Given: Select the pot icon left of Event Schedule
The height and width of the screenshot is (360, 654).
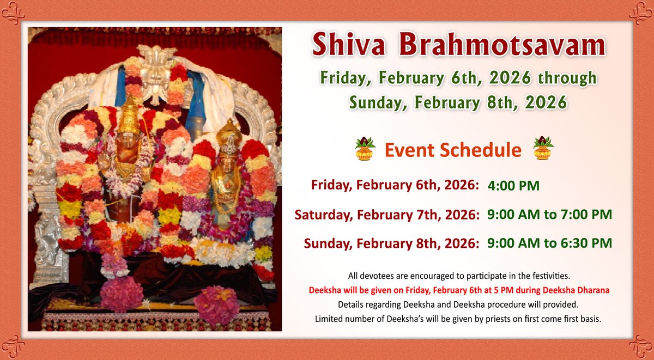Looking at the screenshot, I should (364, 149).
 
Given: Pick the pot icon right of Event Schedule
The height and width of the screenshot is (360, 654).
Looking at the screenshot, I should (543, 149).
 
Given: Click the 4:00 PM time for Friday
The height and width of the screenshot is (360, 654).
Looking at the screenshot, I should (514, 186).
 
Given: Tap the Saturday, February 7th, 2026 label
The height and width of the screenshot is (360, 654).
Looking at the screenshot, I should (387, 215).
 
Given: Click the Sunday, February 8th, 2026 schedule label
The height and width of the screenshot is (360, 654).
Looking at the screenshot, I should (391, 243).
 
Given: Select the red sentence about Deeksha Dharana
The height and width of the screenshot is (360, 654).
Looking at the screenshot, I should (458, 290).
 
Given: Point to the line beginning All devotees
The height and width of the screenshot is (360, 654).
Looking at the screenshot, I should (458, 277).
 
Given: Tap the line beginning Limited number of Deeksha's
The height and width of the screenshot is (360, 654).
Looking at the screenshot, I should (458, 318).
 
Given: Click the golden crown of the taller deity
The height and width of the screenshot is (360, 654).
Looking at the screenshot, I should (130, 116).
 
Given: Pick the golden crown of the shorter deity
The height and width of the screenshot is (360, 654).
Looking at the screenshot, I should (228, 134).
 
